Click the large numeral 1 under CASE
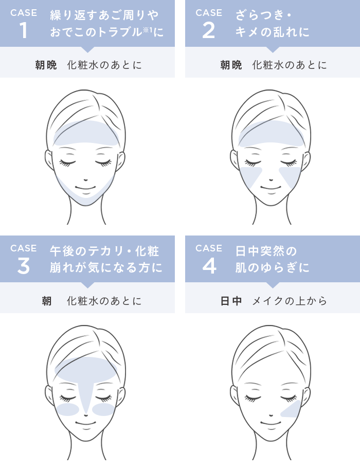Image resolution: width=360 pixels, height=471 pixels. pos(24,30)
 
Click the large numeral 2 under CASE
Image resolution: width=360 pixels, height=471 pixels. pos(209,30)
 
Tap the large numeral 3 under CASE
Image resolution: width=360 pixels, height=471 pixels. pos(24,266)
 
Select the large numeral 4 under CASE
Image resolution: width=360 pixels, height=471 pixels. pos(209,266)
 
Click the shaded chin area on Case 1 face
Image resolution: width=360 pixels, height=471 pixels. pos(86,195)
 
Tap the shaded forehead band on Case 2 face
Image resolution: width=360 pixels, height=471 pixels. pos(271,134)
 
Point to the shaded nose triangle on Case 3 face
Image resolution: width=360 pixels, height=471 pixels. pos(86,393)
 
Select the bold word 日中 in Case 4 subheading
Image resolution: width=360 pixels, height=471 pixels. pos(231,301)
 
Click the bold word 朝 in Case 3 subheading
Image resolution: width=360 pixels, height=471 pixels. pos(47,301)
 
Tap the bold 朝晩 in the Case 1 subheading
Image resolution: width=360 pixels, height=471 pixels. pos(46,65)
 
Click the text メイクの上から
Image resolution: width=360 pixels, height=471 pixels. pos(290,301)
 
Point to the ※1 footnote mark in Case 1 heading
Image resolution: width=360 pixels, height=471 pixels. pos(147,29)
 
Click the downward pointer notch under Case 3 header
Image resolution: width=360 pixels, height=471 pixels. pos(88,285)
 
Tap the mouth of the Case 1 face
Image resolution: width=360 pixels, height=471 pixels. pos(86,188)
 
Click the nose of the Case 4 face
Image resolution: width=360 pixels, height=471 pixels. pos(271,415)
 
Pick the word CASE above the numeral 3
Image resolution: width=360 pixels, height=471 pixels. pos(24,248)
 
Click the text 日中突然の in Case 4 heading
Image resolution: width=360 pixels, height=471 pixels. pos(266,251)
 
